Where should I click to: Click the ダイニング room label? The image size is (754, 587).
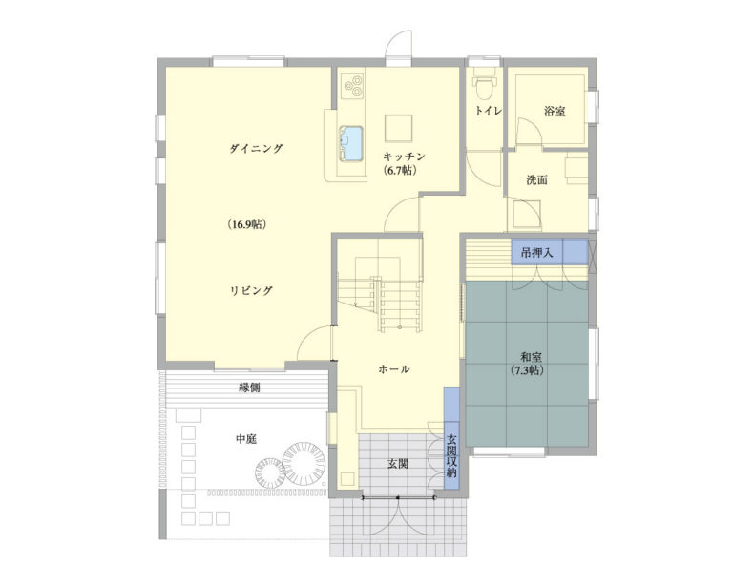pos(256,149)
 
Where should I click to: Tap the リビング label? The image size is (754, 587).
pos(251,290)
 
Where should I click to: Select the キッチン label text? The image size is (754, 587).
pos(404,157)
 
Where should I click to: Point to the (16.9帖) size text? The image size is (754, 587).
pos(247,224)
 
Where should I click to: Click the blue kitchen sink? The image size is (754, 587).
pos(351,142)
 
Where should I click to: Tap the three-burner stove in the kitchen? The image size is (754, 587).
pos(352,87)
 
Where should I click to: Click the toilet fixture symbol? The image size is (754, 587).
pos(483,85)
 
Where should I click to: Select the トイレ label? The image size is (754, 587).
pos(489,111)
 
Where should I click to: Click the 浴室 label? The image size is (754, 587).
pos(555,112)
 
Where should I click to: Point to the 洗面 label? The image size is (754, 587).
pos(536,180)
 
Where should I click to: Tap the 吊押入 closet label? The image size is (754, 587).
pos(536,252)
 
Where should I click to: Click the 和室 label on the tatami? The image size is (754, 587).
pos(532,358)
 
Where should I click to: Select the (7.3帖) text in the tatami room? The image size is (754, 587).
pos(527,370)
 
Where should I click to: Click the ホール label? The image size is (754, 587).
pos(394,369)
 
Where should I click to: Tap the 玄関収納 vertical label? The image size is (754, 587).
pos(451,455)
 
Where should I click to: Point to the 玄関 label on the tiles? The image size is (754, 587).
pos(398,464)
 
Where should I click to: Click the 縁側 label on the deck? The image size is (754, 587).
pos(249,388)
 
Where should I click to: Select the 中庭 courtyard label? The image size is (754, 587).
pos(245,439)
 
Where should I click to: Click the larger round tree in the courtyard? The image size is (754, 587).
pos(304,464)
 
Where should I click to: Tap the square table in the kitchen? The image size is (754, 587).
pos(398,128)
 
